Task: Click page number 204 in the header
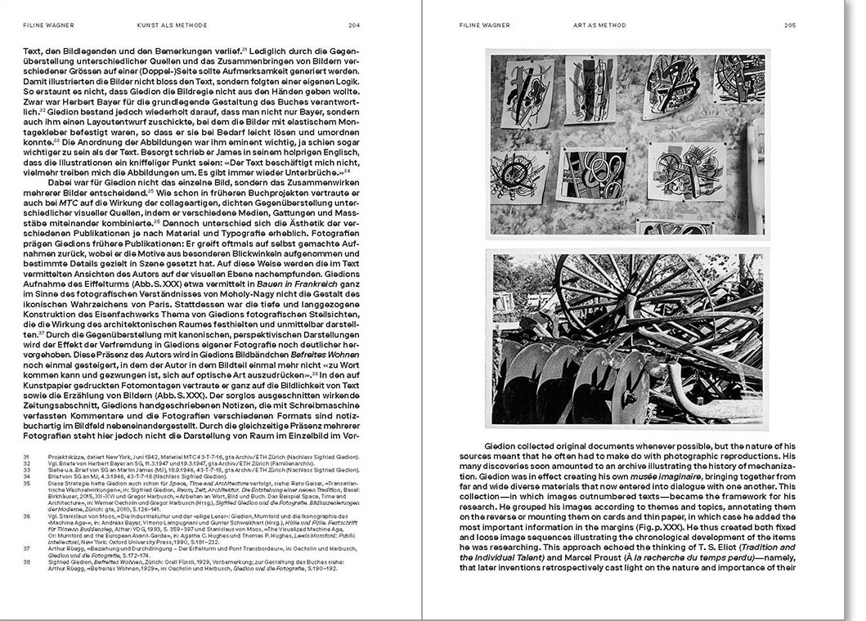[x=353, y=25]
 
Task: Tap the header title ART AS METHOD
[x=600, y=25]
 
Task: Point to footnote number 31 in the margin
[x=26, y=457]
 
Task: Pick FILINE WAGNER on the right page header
[x=484, y=25]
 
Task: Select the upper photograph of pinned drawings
[x=626, y=144]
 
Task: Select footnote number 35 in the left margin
[x=26, y=483]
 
